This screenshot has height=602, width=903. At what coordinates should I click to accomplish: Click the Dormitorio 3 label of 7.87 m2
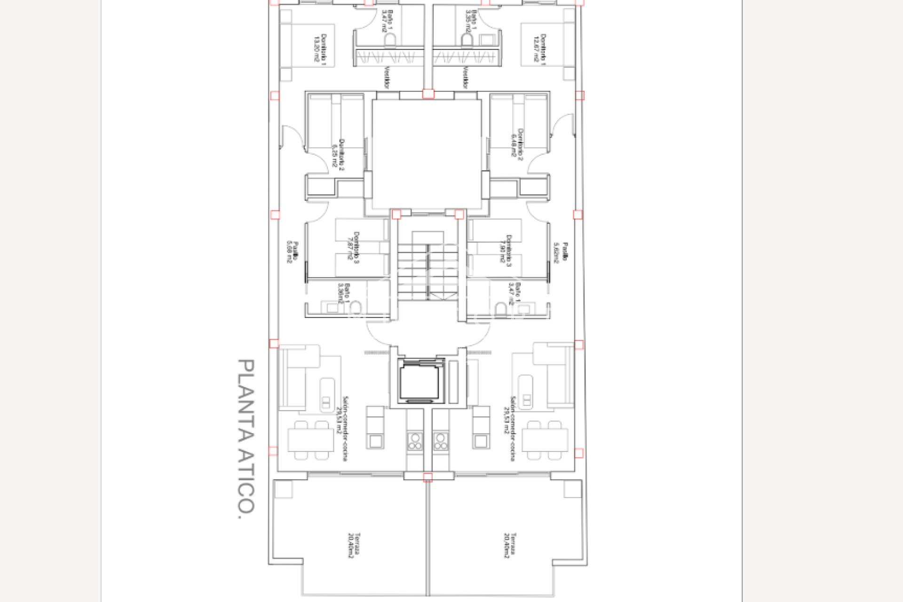[x=353, y=246]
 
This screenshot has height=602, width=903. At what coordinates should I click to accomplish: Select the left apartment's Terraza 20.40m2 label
[x=354, y=546]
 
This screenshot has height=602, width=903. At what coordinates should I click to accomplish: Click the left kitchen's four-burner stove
[x=414, y=441]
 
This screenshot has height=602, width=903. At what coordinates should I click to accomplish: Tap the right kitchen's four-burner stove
[x=441, y=441]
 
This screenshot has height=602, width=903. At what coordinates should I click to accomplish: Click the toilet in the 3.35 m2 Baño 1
[x=467, y=40]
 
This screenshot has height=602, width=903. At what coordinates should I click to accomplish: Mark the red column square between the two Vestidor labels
[x=428, y=94]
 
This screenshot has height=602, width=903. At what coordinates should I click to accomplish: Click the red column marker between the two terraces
[x=428, y=478]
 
